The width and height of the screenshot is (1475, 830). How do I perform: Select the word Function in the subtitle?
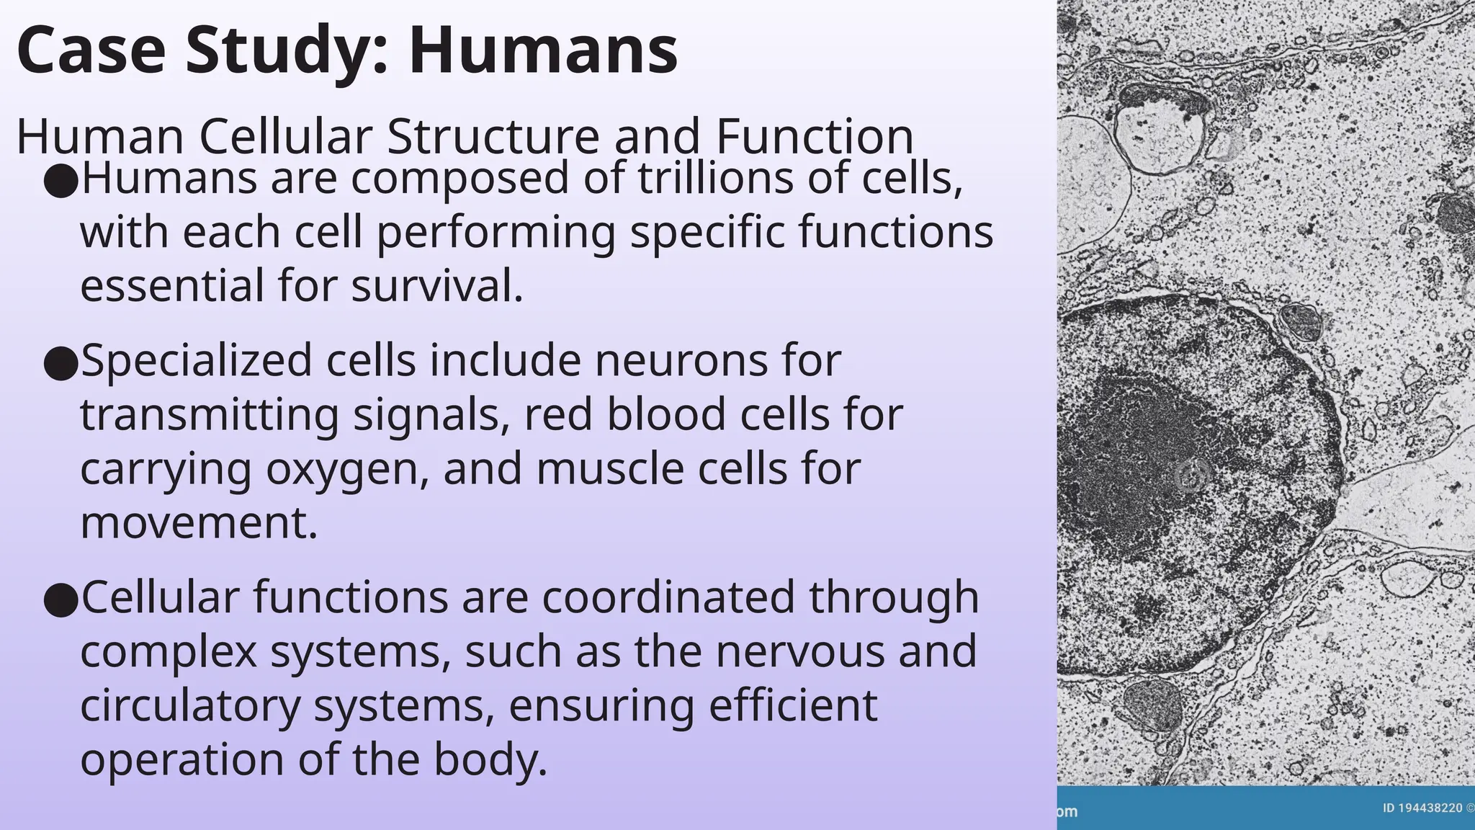pos(814,136)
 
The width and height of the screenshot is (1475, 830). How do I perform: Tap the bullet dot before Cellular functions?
pos(60,599)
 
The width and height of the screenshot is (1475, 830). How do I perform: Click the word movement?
pos(198,523)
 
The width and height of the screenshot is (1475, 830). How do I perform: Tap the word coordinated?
pos(668,597)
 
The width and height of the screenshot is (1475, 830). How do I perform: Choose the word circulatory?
pos(189,706)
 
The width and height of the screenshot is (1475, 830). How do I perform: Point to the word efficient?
pos(793,705)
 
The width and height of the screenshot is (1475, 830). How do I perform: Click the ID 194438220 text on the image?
pos(1422,808)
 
